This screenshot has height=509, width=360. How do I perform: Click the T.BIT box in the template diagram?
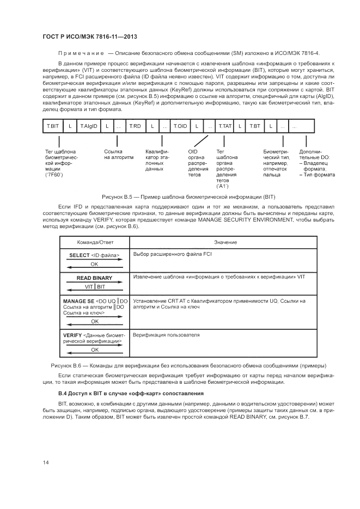[53, 126]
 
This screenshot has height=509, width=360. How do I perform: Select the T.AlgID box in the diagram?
[88, 126]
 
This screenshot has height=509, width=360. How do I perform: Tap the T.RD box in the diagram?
[135, 126]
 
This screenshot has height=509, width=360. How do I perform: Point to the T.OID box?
[180, 126]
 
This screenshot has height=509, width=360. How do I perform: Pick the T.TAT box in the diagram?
[225, 126]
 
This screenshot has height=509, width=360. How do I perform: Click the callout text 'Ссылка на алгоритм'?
[119, 154]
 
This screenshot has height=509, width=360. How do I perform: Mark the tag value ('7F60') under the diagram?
[54, 175]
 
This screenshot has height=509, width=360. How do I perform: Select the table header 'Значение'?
[222, 242]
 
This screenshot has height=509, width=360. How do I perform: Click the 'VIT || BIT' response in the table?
[95, 286]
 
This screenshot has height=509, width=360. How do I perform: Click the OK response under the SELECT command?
[94, 263]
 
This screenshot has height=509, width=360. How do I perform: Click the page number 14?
[46, 462]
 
